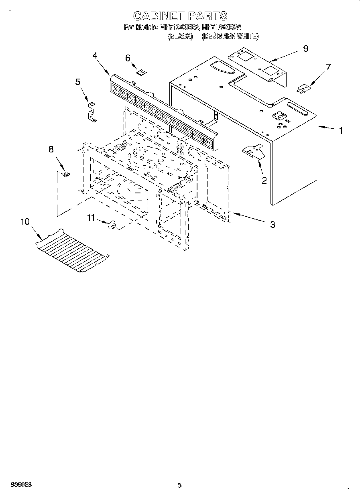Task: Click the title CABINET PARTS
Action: point(180,16)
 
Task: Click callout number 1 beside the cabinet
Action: point(341,131)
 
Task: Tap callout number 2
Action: point(264,180)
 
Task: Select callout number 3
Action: point(273,225)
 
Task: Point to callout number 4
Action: point(95,56)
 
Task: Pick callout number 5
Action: point(78,82)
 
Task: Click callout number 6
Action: point(128,58)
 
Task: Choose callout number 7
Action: point(328,67)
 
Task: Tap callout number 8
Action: point(51,149)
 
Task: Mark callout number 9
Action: point(305,49)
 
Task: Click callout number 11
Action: point(92,218)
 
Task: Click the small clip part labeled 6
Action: point(141,72)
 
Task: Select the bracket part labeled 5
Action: point(92,113)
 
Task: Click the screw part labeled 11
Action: point(112,226)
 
